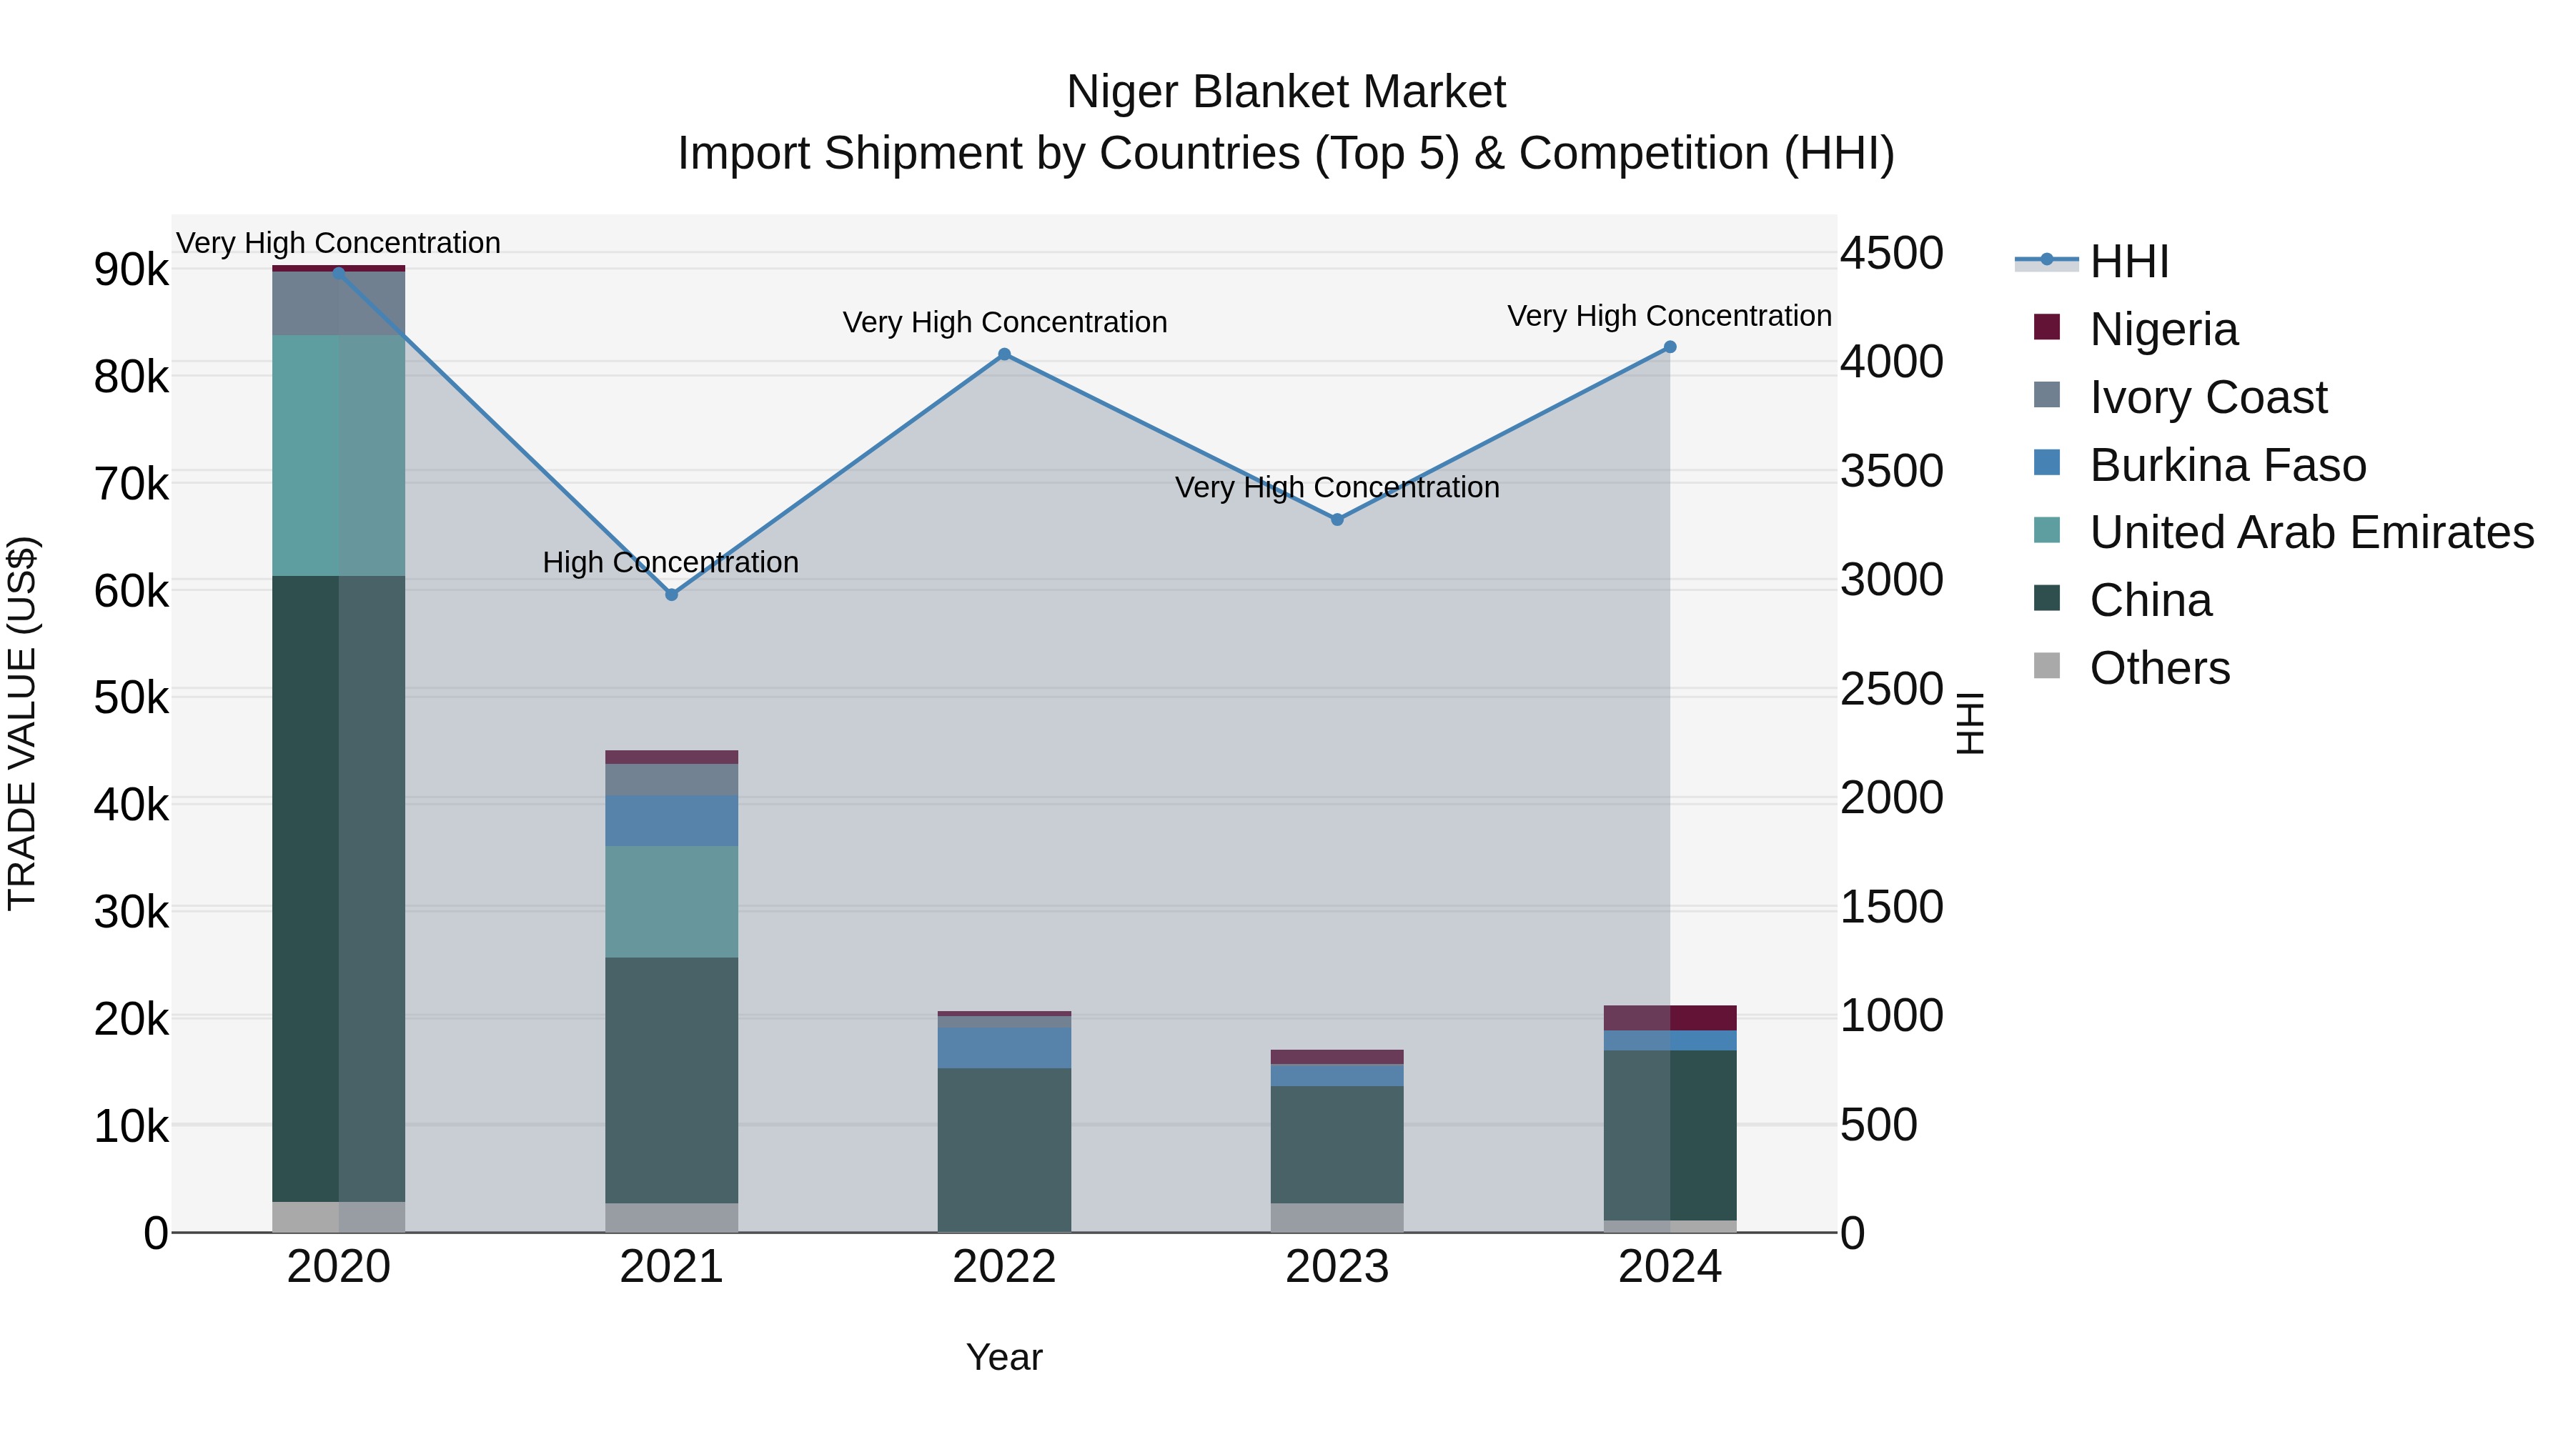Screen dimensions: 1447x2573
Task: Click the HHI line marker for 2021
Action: point(671,595)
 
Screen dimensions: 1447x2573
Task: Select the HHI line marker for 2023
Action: point(1337,519)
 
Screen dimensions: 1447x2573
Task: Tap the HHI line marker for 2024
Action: point(1670,347)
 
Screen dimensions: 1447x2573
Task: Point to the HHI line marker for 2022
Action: point(1005,354)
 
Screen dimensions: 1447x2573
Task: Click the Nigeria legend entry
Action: point(2163,329)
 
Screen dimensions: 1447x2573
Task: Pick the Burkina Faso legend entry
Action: point(2226,465)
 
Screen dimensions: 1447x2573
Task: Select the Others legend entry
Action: point(2158,668)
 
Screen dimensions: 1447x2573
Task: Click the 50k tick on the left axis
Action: point(131,698)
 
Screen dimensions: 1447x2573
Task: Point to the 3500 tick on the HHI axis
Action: point(1892,472)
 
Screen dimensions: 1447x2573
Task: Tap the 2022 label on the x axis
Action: point(1004,1267)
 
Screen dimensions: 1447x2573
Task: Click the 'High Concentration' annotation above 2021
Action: point(670,562)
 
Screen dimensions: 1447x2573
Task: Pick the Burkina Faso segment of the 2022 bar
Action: point(1004,1048)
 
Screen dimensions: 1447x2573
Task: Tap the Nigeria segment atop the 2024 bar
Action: point(1670,1018)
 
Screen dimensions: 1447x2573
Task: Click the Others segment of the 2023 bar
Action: point(1337,1218)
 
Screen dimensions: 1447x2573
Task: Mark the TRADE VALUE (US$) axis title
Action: point(22,724)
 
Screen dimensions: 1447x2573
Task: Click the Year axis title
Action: point(1004,1357)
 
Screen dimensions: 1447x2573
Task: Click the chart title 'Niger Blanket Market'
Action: point(1286,92)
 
